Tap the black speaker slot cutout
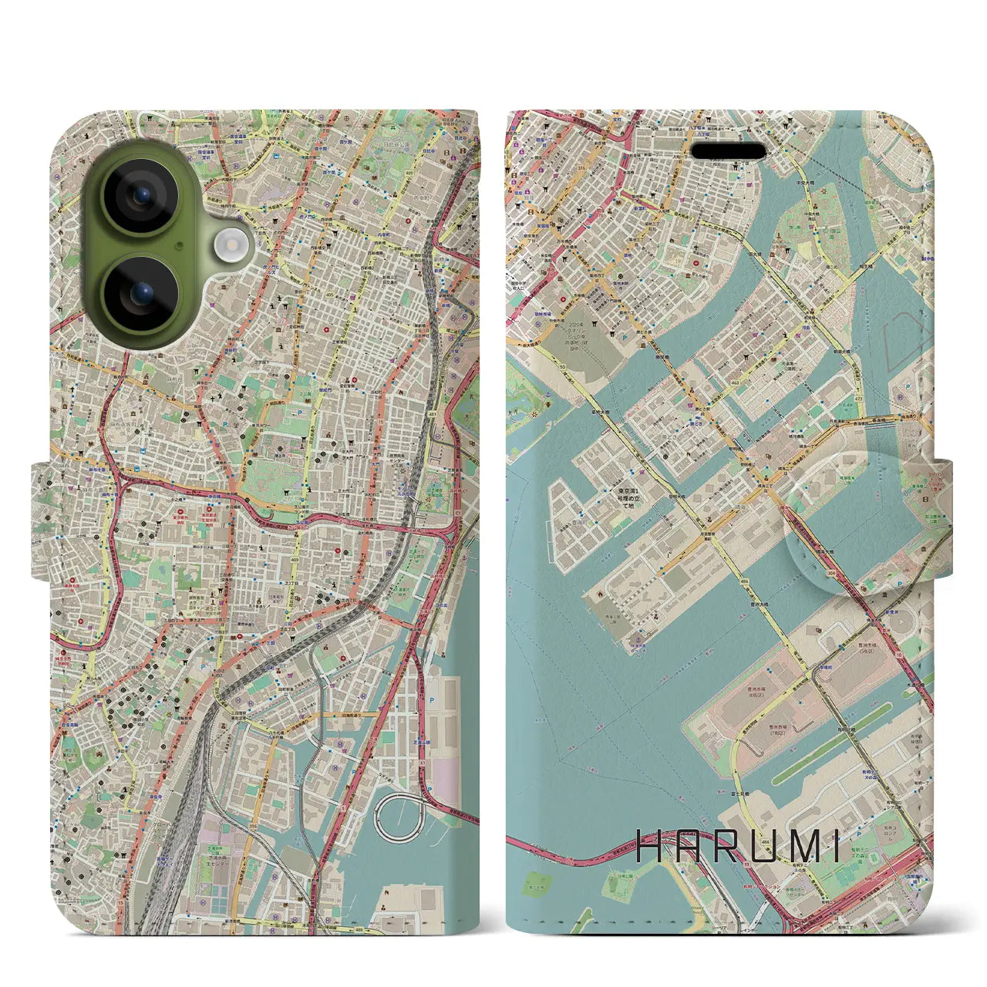click(729, 151)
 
